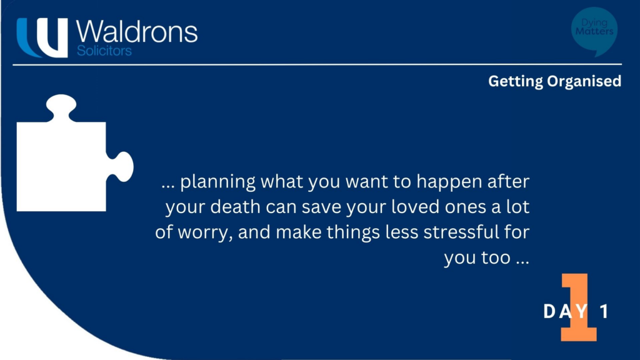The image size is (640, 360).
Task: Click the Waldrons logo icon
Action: (x=42, y=37)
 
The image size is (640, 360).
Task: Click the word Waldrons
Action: (x=137, y=31)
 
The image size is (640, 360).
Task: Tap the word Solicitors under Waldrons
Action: (x=104, y=51)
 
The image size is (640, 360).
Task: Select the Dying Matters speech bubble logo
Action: (x=594, y=31)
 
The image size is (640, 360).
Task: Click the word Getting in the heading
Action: (x=515, y=81)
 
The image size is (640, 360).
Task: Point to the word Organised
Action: (x=584, y=81)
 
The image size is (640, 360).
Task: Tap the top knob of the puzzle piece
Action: (x=61, y=107)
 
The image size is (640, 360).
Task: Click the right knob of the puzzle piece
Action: (x=121, y=166)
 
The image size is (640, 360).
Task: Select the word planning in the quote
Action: (x=218, y=182)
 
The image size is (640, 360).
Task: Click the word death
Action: (x=236, y=206)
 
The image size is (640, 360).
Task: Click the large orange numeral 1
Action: (x=578, y=307)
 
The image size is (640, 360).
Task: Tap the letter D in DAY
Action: (x=549, y=312)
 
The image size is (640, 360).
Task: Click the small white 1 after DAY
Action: (x=604, y=312)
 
